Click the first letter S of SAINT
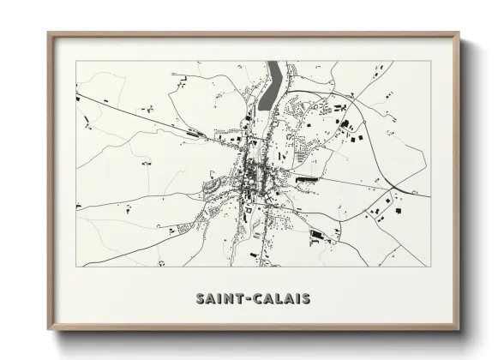coord(200,299)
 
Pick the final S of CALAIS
coord(305,299)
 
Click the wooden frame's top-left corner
coord(48,33)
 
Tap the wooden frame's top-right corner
coord(459,33)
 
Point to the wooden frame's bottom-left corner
coord(48,331)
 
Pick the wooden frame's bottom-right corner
coord(459,331)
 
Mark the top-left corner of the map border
coord(76,60)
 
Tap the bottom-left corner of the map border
coord(76,267)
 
